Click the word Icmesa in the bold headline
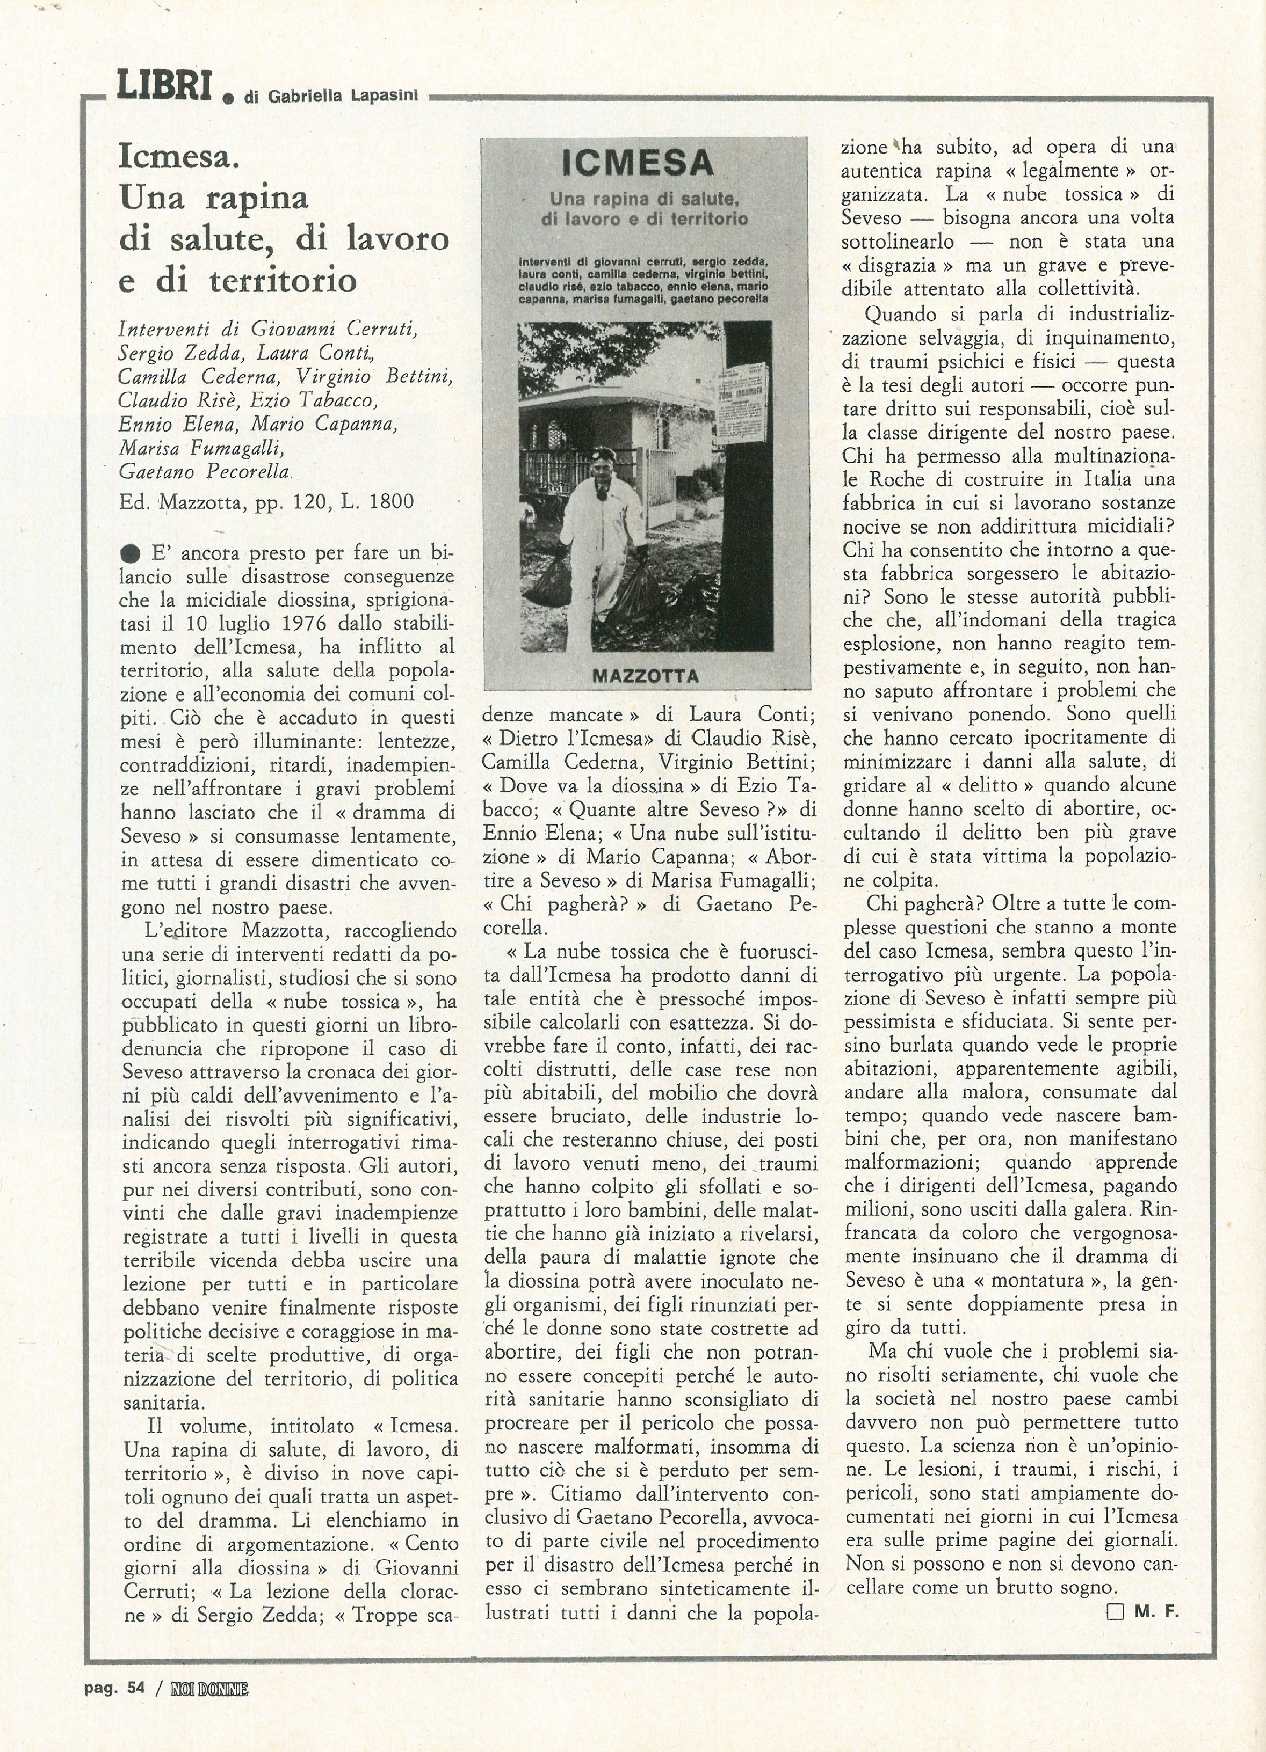tap(178, 158)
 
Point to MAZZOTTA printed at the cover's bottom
tap(646, 676)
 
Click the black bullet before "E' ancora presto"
tap(131, 553)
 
